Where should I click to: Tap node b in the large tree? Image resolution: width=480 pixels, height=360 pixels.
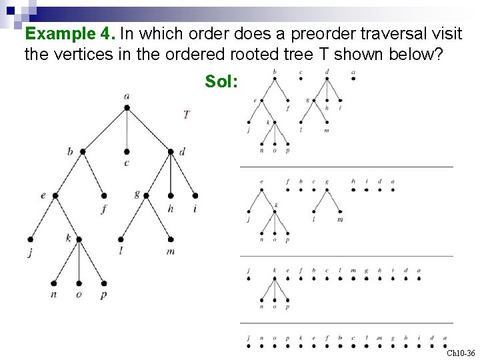pos(83,152)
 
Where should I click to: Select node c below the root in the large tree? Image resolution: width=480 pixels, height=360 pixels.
pos(127,152)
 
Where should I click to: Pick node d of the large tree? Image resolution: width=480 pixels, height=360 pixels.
pos(171,152)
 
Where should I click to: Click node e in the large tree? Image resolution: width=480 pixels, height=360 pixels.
pos(55,196)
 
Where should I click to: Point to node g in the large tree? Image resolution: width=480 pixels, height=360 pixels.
pos(146,196)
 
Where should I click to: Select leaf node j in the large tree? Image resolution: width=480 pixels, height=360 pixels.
pos(31,239)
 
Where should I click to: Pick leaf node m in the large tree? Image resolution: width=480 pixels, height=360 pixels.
pos(171,239)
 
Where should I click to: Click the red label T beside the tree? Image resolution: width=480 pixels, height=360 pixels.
pos(186,115)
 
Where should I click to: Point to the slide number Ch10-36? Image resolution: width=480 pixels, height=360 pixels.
pos(461,353)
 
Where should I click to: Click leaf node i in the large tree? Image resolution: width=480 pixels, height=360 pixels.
pos(195,196)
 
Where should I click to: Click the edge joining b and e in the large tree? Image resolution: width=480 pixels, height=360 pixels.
pos(69,174)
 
